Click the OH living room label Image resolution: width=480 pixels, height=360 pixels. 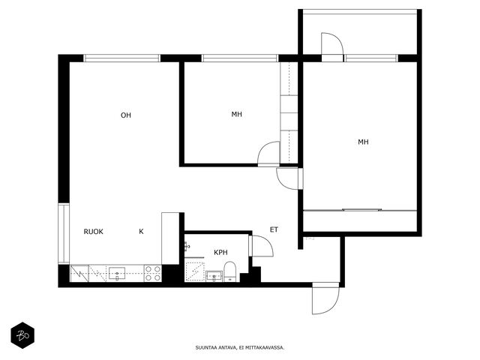pyautogui.click(x=126, y=115)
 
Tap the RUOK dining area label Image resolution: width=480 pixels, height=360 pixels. pyautogui.click(x=93, y=232)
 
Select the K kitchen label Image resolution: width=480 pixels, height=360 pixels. pyautogui.click(x=141, y=232)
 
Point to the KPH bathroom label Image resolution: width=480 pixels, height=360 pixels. pyautogui.click(x=220, y=252)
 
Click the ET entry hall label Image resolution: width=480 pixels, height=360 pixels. pyautogui.click(x=274, y=229)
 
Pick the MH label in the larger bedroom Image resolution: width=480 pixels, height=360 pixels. pyautogui.click(x=363, y=142)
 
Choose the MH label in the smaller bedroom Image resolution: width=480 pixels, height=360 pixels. pyautogui.click(x=237, y=114)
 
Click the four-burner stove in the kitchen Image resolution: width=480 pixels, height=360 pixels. pyautogui.click(x=153, y=273)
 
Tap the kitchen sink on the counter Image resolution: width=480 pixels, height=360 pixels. pyautogui.click(x=117, y=273)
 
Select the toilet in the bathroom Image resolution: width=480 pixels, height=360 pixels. pyautogui.click(x=229, y=271)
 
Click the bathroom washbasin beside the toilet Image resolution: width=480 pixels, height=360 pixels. pyautogui.click(x=214, y=276)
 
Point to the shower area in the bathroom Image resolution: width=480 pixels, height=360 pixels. pyautogui.click(x=195, y=271)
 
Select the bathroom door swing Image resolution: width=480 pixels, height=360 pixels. pyautogui.click(x=262, y=246)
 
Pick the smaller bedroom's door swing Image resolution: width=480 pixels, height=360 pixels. pyautogui.click(x=268, y=154)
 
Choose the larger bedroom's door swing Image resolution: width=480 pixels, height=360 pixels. pyautogui.click(x=289, y=178)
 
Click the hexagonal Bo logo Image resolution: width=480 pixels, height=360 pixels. pyautogui.click(x=22, y=335)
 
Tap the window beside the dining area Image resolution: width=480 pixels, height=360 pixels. pyautogui.click(x=64, y=233)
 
